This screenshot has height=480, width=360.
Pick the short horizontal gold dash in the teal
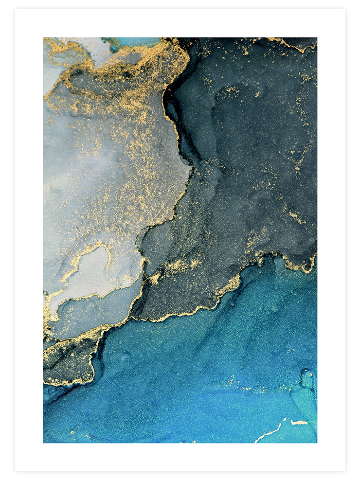pos(299,422)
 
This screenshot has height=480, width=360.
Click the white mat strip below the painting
pos(180,457)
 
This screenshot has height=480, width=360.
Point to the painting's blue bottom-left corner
pos(46,440)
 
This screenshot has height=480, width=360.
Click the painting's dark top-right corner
pos(314,40)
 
